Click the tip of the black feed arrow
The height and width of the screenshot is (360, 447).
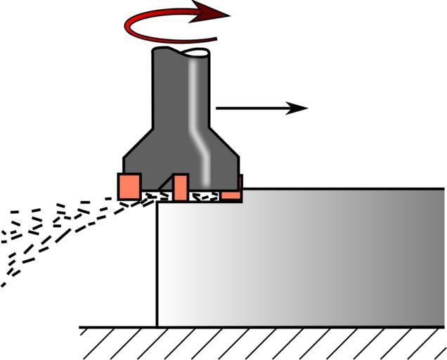tap(306, 108)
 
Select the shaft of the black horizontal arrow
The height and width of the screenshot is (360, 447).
tap(253, 108)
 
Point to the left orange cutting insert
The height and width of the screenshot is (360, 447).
tap(130, 186)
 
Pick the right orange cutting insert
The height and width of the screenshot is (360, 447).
tap(234, 187)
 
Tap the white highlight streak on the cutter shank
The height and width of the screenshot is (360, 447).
tap(197, 112)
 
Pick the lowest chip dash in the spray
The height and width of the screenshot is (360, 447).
tap(4, 284)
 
